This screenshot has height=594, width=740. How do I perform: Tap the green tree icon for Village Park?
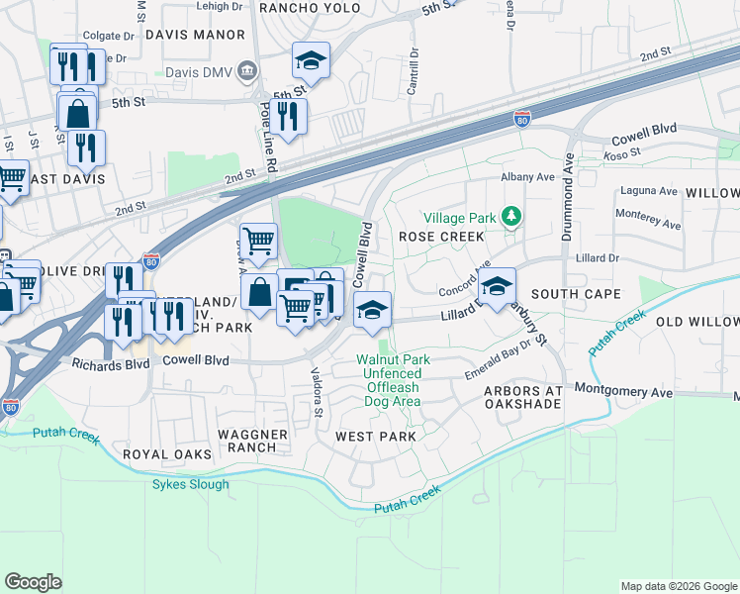point(511,216)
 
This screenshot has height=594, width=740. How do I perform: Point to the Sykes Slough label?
point(190,484)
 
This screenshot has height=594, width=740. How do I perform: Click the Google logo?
point(34,582)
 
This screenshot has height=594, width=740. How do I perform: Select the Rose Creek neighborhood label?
point(441,237)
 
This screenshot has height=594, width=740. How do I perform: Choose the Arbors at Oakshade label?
point(522,398)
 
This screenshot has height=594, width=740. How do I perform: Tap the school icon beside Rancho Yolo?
point(311,62)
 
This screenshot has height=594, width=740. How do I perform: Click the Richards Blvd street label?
point(110,363)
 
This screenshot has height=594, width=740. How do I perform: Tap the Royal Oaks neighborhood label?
point(167,453)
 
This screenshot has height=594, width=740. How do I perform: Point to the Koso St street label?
point(621,153)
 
